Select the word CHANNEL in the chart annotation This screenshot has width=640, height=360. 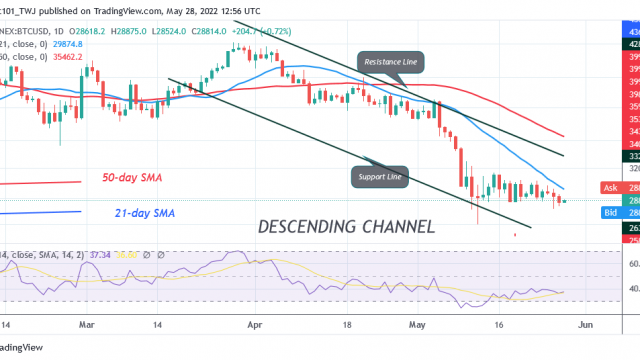pos(397,227)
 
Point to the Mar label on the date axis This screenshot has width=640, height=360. pos(86,325)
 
